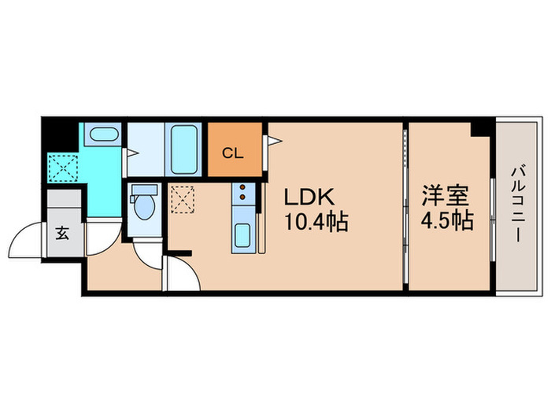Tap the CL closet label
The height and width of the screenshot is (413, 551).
(233, 153)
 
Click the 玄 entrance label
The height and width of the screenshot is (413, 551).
(62, 234)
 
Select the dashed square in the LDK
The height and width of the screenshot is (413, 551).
(182, 198)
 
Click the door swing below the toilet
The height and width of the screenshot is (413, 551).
(146, 253)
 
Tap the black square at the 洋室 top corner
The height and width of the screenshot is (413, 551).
(477, 127)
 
